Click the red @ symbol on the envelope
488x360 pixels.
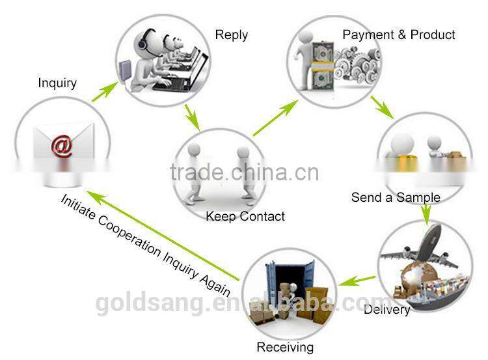pos(62,146)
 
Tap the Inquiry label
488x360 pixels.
pos(57,83)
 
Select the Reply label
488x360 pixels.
pos(231,35)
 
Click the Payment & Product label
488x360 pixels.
pos(399,35)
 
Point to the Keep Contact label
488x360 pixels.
pos(245,216)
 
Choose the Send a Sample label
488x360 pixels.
pos(396,197)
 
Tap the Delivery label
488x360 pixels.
pos(387,309)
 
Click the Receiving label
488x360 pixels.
pos(285,347)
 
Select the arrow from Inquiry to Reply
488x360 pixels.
pos(105,92)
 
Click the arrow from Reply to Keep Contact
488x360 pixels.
pos(192,117)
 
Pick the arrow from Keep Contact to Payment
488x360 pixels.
pos(275,118)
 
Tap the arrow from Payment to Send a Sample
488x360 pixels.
pos(382,108)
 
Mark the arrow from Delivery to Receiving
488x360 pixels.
pos(357,281)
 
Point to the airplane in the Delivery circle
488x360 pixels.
pos(418,247)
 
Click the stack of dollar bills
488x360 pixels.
pos(323,66)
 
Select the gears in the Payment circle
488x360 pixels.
pos(357,64)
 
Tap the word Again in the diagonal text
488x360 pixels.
pos(215,284)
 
